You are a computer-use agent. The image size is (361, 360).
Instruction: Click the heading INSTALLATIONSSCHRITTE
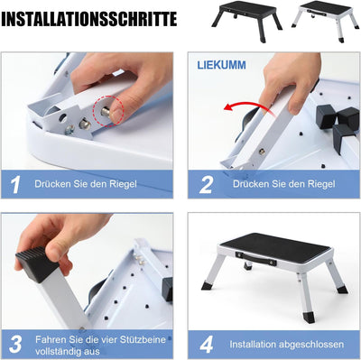tap(89, 19)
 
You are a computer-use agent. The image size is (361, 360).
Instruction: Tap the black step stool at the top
tap(246, 21)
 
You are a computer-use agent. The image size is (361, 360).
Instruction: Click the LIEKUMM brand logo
tap(221, 65)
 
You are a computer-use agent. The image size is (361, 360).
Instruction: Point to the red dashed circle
tap(108, 111)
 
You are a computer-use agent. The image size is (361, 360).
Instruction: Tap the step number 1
tap(15, 185)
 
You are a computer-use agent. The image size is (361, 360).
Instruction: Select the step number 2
tap(206, 185)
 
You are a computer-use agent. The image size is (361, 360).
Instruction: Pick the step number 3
tap(16, 344)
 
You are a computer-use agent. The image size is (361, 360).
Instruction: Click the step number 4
tap(207, 345)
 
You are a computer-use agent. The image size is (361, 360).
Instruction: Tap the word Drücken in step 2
tap(251, 184)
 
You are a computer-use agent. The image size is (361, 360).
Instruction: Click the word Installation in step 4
tap(253, 344)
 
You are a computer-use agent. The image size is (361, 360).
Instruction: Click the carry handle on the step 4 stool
tap(256, 258)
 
